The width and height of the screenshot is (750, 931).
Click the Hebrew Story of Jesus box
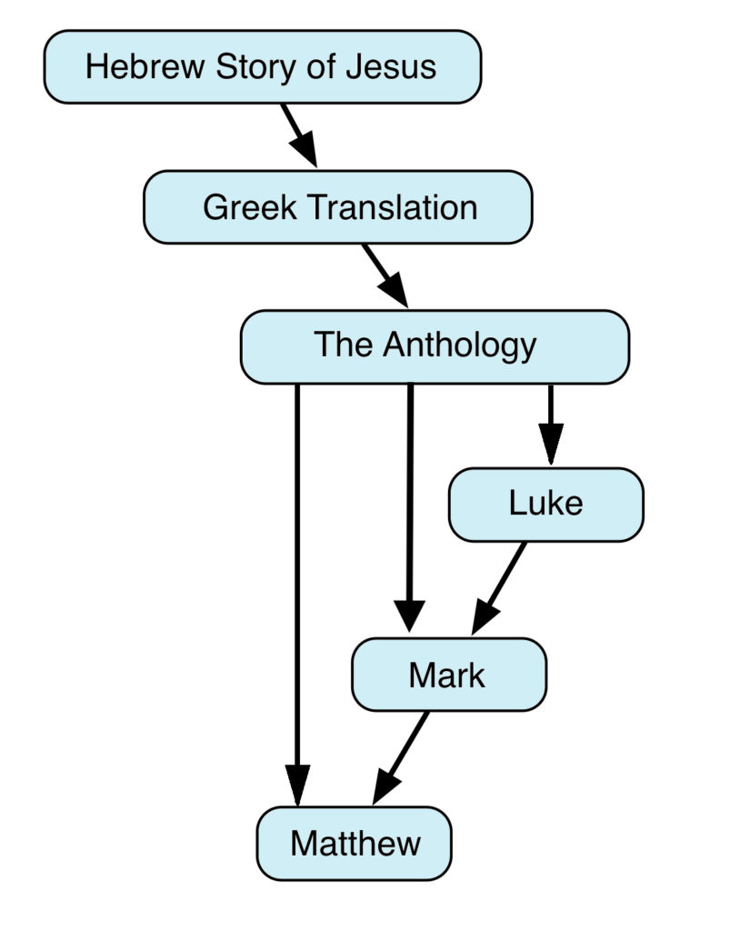pyautogui.click(x=262, y=66)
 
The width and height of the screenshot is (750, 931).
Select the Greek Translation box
pyautogui.click(x=337, y=207)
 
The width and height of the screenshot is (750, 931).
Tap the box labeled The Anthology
pyautogui.click(x=434, y=345)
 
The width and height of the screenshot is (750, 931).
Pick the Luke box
pyautogui.click(x=545, y=505)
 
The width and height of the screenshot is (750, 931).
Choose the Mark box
pyautogui.click(x=448, y=675)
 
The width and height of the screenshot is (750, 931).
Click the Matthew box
pyautogui.click(x=355, y=843)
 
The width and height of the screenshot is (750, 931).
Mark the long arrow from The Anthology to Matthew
pyautogui.click(x=297, y=591)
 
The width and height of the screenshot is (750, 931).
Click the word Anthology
pyautogui.click(x=460, y=345)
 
